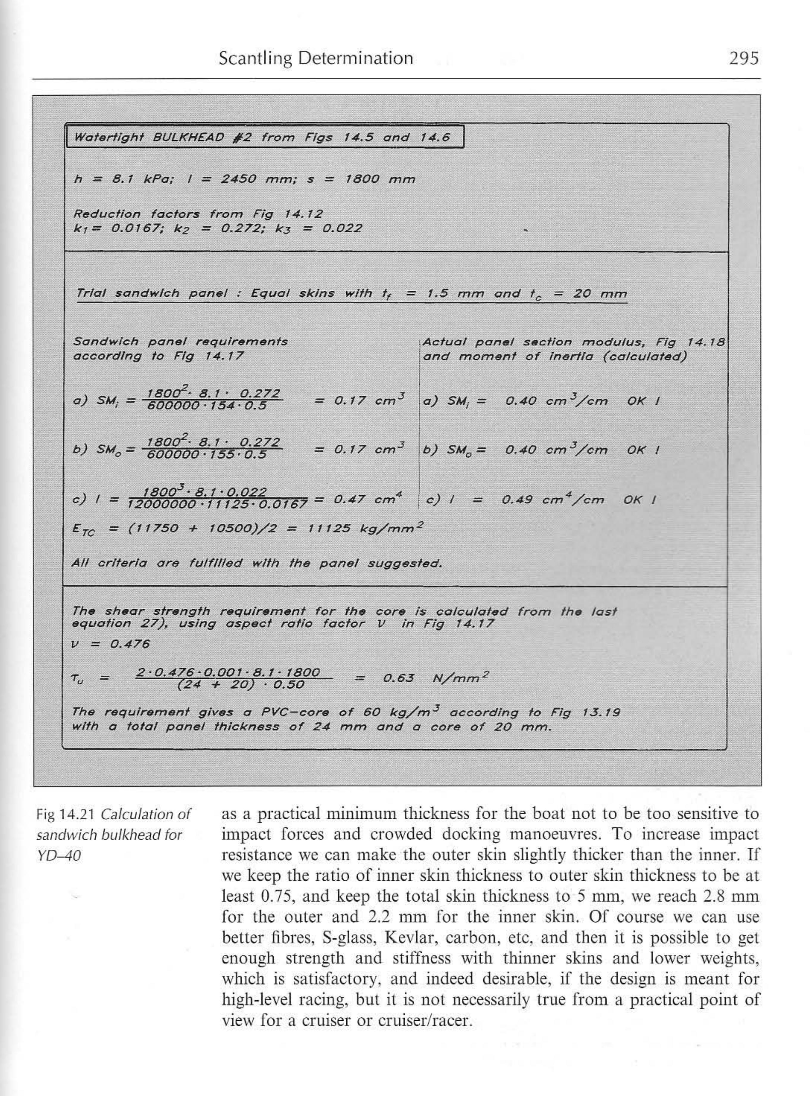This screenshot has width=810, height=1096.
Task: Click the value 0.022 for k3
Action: click(x=342, y=228)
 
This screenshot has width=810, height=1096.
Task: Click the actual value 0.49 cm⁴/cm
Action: click(x=553, y=500)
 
